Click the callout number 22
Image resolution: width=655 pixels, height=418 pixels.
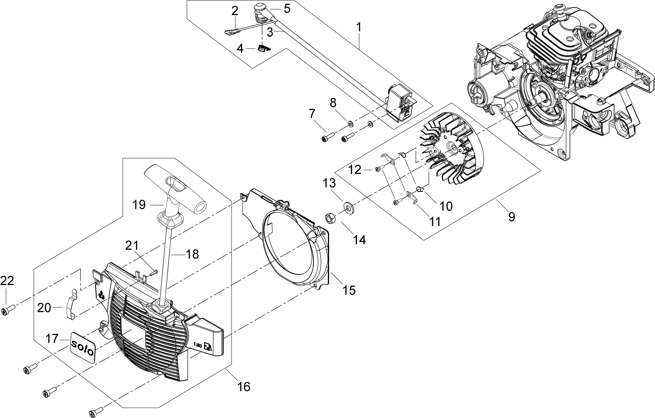point(7,281)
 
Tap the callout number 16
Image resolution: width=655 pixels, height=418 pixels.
point(244,386)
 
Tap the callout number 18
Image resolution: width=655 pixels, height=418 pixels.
point(192,254)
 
